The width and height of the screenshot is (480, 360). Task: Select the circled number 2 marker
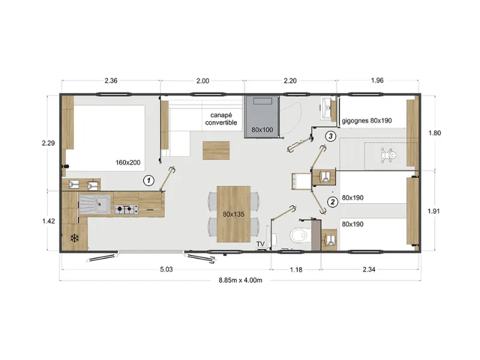(x=331, y=202)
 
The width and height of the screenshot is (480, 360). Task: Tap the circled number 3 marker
(x=329, y=136)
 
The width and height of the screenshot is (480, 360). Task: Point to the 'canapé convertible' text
(x=221, y=119)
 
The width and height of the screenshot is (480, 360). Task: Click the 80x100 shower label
(x=262, y=130)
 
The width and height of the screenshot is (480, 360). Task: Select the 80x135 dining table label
(x=233, y=214)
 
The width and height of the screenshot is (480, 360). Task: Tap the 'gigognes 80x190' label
(x=367, y=121)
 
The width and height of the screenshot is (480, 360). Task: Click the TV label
(x=260, y=244)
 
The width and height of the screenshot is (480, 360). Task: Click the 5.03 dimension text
(x=166, y=269)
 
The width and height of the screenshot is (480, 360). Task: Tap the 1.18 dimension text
(x=296, y=269)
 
